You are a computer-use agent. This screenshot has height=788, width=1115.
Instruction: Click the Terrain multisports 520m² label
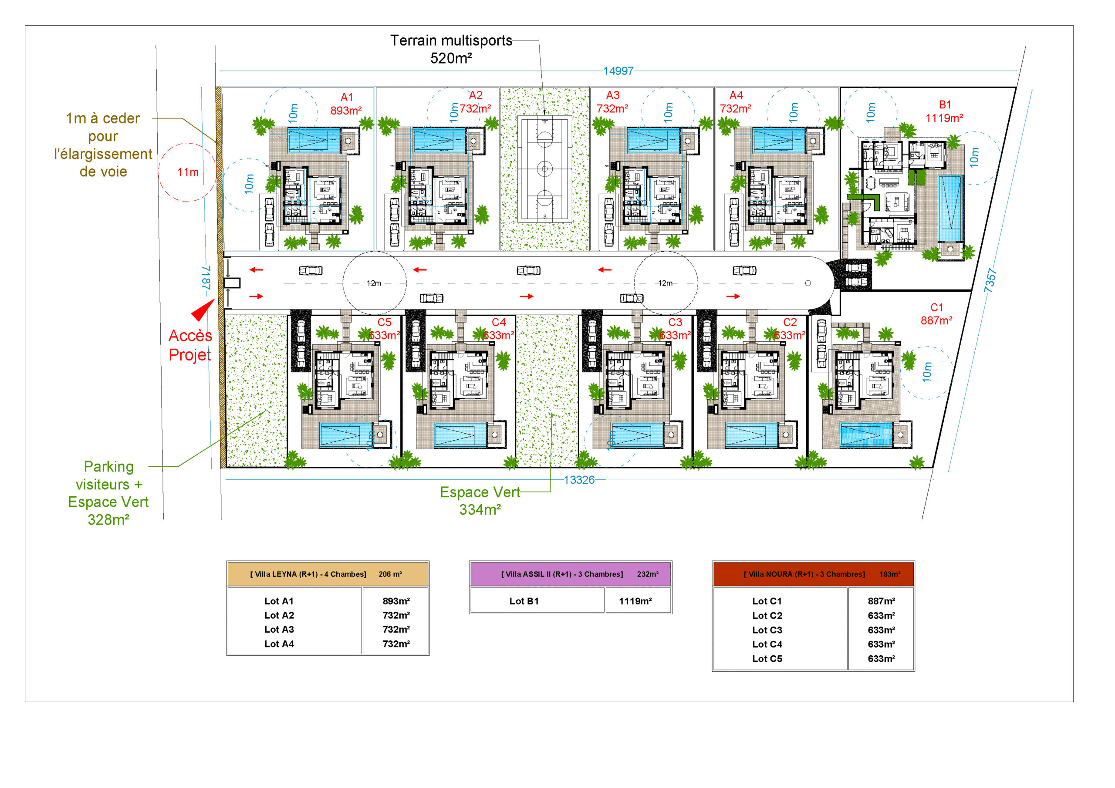point(451,49)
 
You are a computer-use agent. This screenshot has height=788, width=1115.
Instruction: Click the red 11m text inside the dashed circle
point(187,172)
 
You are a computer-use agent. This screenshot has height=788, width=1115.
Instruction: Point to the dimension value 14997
point(618,71)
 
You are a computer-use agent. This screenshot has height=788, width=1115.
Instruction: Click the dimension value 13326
point(578,480)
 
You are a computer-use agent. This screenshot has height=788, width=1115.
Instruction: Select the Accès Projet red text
point(190,345)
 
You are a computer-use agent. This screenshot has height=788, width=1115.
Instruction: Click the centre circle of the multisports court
point(544,169)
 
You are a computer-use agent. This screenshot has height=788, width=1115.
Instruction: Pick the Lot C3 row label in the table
point(767,630)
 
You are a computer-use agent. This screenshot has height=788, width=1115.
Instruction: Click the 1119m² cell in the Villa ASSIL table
point(635,601)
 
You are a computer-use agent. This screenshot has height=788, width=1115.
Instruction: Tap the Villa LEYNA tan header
point(328,574)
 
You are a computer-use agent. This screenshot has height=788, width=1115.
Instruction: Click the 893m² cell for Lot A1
point(396,601)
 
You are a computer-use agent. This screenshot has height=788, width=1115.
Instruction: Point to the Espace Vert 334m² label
point(480,501)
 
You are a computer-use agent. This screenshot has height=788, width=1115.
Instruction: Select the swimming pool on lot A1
point(314,141)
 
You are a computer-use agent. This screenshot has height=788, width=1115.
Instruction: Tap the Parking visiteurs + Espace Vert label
point(108,493)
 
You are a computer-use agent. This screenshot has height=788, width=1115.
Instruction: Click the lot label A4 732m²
point(735,102)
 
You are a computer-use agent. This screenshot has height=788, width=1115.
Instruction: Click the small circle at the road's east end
point(808,283)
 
